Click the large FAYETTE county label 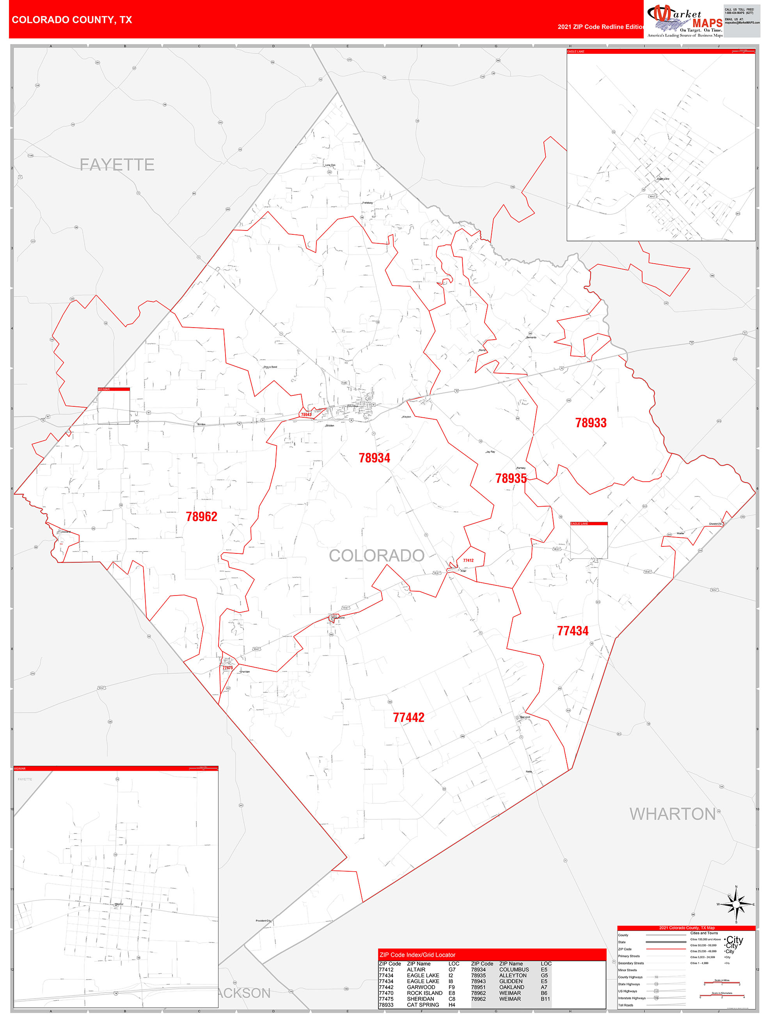pos(117,165)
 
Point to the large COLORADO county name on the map pos(376,556)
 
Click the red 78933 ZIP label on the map pos(591,423)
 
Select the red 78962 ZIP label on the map pos(201,517)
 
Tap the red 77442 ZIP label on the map pos(409,718)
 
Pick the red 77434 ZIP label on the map pos(572,631)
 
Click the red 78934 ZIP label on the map pos(374,457)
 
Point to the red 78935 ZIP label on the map pos(511,478)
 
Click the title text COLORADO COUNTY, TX pos(72,20)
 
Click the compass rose pos(736,904)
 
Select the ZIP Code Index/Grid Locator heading pos(417,955)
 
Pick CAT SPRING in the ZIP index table pos(422,1005)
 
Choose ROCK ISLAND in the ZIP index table pos(424,993)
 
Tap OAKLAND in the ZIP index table pos(511,987)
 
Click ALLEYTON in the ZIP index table pos(513,975)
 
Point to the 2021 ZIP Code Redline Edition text pos(601,27)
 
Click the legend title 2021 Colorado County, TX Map pos(687,928)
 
